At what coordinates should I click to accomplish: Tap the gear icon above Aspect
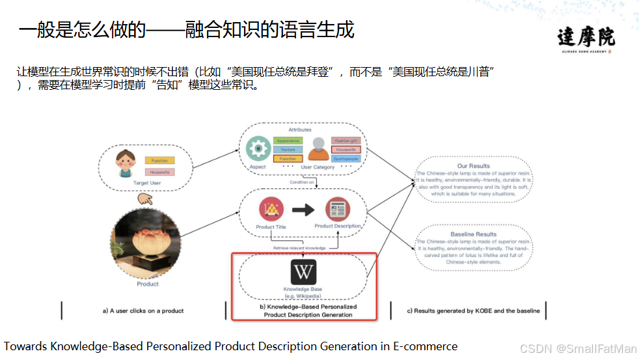tap(258, 149)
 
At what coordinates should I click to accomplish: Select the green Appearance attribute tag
tap(288, 141)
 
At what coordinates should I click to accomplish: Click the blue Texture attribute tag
tap(288, 150)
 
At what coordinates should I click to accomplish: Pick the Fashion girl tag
tap(346, 141)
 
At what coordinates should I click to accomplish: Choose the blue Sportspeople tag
tap(346, 159)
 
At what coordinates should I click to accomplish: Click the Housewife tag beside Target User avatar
tap(159, 173)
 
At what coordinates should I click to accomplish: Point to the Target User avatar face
tap(125, 163)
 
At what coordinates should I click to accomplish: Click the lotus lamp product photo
tap(147, 243)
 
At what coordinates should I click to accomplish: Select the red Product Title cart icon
tap(271, 210)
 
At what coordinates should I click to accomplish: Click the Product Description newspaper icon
tap(338, 210)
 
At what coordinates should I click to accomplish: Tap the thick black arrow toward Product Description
tap(303, 210)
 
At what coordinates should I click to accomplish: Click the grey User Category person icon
tap(319, 149)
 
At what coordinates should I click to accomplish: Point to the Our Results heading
tap(473, 166)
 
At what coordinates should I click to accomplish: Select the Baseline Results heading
tap(473, 234)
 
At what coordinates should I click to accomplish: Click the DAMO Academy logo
tap(586, 38)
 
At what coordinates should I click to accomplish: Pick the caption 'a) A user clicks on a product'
tap(143, 311)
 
